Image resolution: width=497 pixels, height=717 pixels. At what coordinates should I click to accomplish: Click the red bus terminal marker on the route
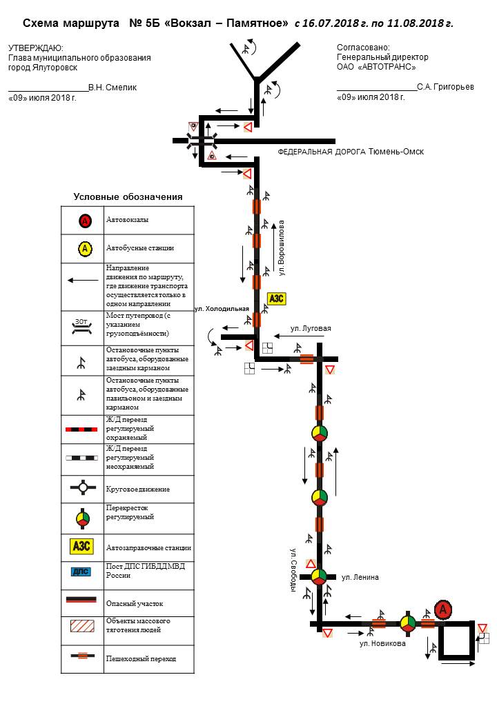(444, 609)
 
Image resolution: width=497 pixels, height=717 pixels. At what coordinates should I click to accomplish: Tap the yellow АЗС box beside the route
(275, 298)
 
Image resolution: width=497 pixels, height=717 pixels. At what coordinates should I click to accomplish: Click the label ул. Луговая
(311, 329)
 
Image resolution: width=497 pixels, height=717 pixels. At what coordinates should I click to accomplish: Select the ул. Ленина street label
(360, 577)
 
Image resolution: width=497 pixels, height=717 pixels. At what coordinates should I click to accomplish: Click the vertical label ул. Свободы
(293, 570)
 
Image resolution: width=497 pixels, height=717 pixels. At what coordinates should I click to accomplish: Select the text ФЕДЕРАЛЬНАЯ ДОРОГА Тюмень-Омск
(351, 152)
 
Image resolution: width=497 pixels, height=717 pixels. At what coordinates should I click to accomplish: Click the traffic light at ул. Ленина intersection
(318, 576)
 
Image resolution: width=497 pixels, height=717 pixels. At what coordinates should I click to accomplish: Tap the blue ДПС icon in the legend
(82, 571)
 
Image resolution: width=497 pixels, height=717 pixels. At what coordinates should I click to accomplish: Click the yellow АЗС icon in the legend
(82, 547)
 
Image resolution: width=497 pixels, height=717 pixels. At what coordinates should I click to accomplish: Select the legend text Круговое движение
(138, 489)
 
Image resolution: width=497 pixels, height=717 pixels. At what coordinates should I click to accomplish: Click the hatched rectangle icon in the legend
(82, 626)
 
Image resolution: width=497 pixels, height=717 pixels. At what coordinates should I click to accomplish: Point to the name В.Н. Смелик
(113, 88)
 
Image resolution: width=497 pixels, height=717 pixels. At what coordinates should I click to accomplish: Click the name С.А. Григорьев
(445, 88)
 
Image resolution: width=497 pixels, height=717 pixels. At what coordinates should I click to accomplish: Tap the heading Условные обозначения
(128, 196)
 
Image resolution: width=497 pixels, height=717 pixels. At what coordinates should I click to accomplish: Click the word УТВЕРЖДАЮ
(35, 48)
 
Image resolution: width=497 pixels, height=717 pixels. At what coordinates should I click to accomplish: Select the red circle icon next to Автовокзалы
(84, 221)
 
